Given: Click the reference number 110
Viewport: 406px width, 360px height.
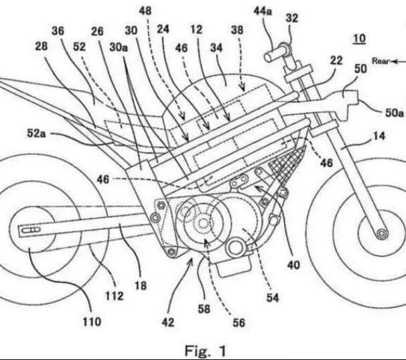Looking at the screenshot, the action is [x=92, y=322].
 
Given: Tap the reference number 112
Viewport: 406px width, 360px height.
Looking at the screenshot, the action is [x=114, y=296].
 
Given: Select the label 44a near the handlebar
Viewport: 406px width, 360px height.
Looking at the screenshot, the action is [x=263, y=11].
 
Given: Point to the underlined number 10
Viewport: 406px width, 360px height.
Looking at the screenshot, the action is [x=359, y=38].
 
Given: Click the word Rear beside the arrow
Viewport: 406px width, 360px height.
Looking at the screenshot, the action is [x=381, y=61].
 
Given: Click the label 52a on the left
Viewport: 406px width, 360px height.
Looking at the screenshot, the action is [x=36, y=133].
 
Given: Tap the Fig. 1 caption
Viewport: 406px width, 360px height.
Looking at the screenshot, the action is [x=205, y=351].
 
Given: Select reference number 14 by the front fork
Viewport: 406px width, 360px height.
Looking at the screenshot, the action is [x=379, y=136].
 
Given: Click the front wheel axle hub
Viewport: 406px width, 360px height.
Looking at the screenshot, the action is [x=381, y=234].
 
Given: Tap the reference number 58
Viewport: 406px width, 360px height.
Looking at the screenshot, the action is [x=204, y=308].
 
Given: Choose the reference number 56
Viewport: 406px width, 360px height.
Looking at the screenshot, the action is [x=239, y=322].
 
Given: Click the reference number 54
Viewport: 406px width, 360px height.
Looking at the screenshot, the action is [x=273, y=298].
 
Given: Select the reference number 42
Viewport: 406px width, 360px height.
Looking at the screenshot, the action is [x=167, y=322].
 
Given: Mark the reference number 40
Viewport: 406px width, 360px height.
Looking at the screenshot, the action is [x=293, y=265].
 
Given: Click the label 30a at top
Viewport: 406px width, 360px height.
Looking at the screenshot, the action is [x=119, y=47].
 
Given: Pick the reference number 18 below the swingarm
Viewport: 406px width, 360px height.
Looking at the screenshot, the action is [x=141, y=286].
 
